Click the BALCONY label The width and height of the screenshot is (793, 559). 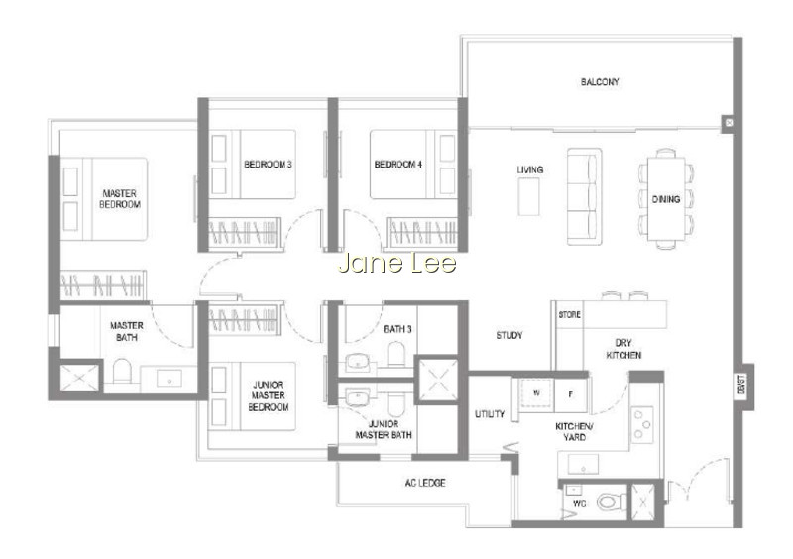pos(600,82)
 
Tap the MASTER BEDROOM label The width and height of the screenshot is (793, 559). pos(120,199)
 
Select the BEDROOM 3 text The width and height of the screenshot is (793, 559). pos(268,165)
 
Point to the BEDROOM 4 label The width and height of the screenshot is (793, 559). pos(398,165)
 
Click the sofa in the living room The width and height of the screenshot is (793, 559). pos(584,196)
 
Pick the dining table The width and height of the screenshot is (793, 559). pos(665,199)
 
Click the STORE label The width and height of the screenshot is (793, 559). pos(569,314)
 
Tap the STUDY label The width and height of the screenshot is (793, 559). pos(510,335)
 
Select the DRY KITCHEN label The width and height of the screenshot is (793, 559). pos(623,349)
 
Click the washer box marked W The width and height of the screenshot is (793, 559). pos(536,394)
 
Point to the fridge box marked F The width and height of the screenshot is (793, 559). pos(571,395)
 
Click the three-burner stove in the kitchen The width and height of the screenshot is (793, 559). pos(642,423)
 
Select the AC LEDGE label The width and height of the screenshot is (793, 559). pos(425,483)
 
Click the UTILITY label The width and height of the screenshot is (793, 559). pos(490,414)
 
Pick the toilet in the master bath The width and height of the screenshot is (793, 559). pos(122,371)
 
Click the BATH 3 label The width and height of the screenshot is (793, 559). pos(397,329)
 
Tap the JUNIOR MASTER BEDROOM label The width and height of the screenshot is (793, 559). pos(268,396)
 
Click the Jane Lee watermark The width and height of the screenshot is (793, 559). pos(397,263)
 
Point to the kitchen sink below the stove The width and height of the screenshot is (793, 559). pos(583,464)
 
